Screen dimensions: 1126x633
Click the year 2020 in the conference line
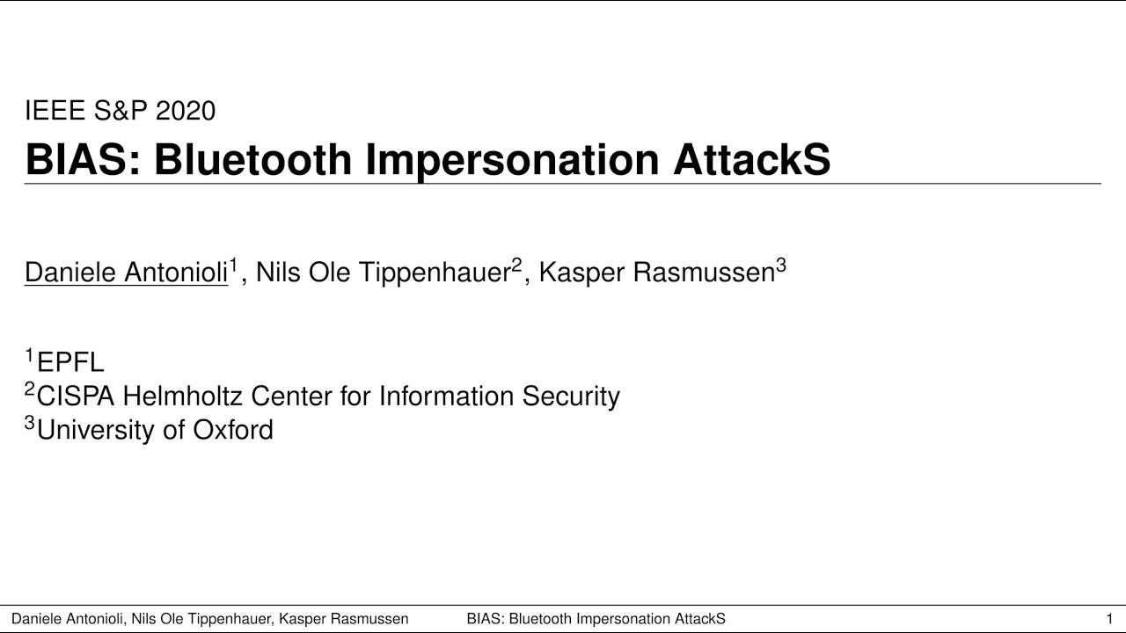coord(186,111)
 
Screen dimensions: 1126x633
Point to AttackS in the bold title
coord(752,159)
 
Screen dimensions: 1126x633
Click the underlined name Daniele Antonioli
coord(126,273)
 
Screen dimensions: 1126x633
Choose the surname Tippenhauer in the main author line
coord(435,273)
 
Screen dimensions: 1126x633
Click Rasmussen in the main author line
coord(704,273)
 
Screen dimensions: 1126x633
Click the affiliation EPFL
coord(70,362)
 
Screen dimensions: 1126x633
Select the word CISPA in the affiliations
coord(76,396)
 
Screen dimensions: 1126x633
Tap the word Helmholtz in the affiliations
coord(184,396)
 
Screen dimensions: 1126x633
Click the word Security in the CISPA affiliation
coord(571,397)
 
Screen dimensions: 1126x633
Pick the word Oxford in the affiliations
coord(233,430)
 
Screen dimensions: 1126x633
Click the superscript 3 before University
coord(30,423)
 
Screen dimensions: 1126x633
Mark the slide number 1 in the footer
coord(1109,619)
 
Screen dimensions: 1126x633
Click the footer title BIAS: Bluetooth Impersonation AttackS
coord(596,619)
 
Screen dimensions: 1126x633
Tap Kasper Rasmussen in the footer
coord(344,619)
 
